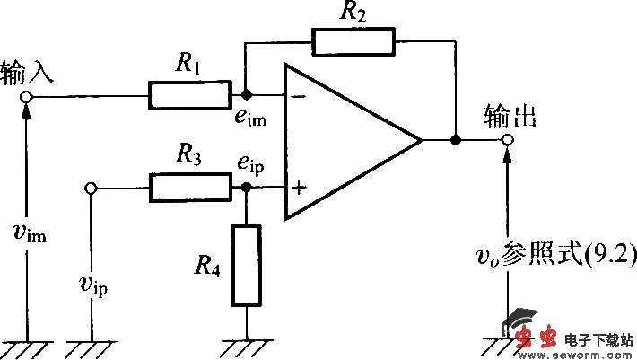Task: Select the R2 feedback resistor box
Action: tap(353, 41)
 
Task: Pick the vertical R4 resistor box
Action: tap(246, 265)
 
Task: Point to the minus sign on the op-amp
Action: tap(297, 95)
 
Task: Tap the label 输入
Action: tap(27, 71)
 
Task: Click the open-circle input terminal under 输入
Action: tap(27, 95)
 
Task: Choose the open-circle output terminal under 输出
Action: tap(508, 141)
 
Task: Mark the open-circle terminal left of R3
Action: tap(91, 189)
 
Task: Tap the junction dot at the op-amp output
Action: tap(456, 141)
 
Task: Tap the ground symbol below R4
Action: tap(246, 346)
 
